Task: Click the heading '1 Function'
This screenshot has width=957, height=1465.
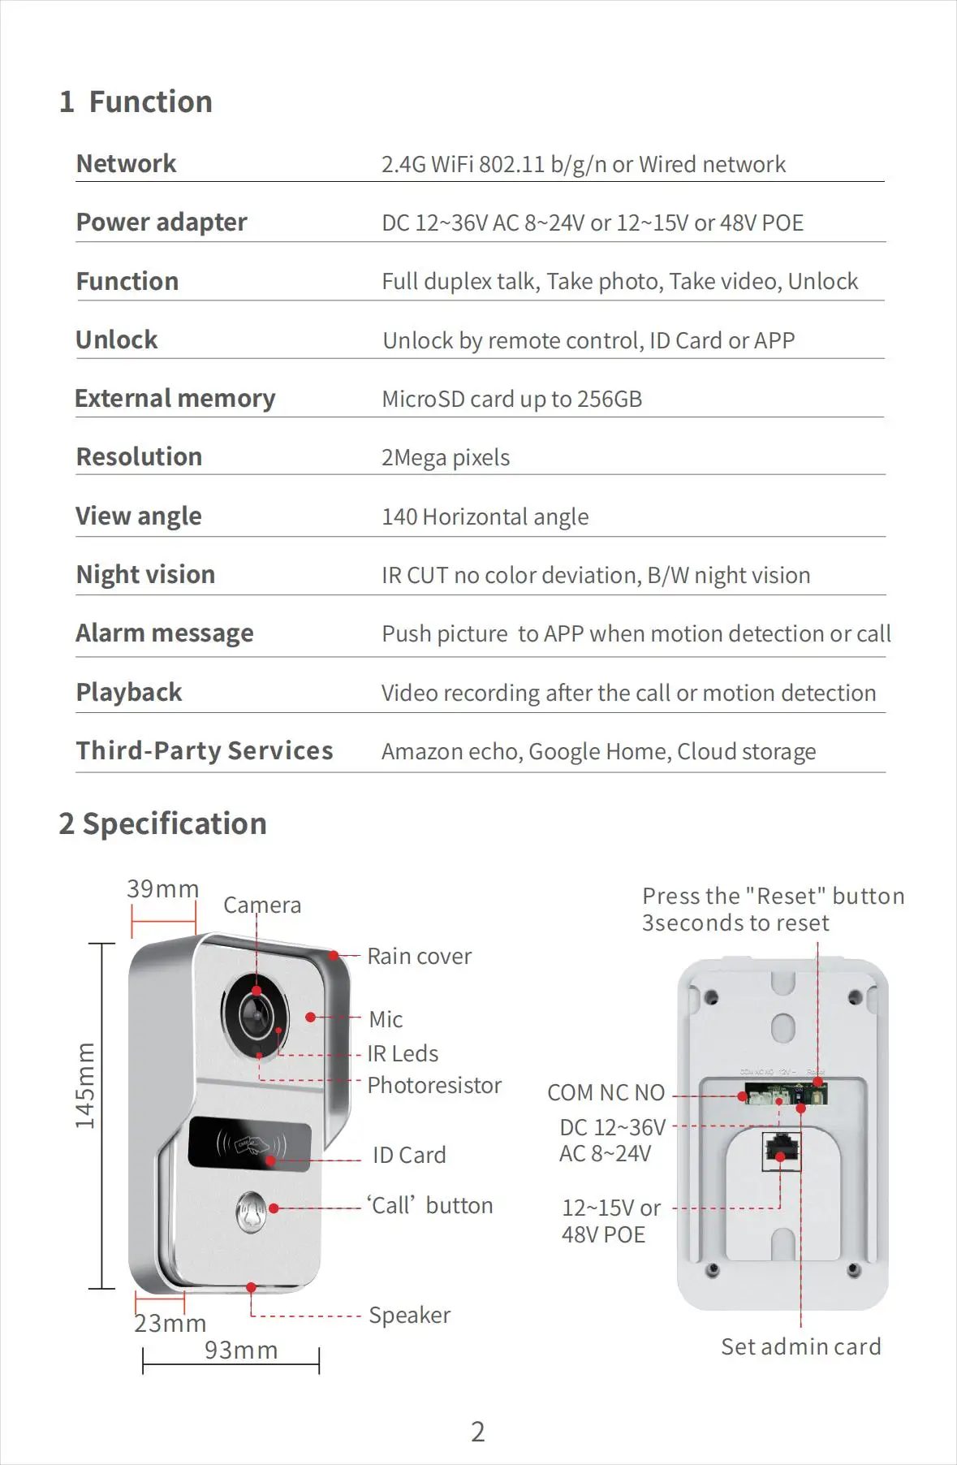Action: pos(136,102)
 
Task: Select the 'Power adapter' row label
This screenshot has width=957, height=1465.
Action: pos(162,223)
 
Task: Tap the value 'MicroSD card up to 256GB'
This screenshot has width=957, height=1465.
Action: pos(511,400)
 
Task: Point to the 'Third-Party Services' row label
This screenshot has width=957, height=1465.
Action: pos(205,751)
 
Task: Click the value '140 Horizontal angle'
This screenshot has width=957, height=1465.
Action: pos(485,517)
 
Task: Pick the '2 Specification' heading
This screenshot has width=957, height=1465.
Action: pos(162,824)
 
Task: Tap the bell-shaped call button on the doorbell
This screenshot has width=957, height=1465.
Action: pos(252,1212)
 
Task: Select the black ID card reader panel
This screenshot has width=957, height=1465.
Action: pos(249,1144)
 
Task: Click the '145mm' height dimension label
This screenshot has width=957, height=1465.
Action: pos(85,1086)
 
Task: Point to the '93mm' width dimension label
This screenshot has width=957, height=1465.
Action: pos(241,1350)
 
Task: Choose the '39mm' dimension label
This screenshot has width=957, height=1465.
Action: pos(162,889)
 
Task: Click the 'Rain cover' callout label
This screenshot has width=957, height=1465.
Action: pos(419,957)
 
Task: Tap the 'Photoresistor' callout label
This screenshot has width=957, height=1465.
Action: pos(434,1086)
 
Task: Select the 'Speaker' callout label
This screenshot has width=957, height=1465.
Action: pos(409,1316)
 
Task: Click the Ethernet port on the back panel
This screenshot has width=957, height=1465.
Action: pos(781,1151)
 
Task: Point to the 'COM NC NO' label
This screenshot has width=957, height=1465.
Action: pos(606,1093)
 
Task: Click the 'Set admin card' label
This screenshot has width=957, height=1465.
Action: pos(800,1347)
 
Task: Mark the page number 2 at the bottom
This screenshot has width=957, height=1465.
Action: pos(478,1432)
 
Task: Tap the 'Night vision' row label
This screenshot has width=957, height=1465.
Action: pos(145,575)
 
